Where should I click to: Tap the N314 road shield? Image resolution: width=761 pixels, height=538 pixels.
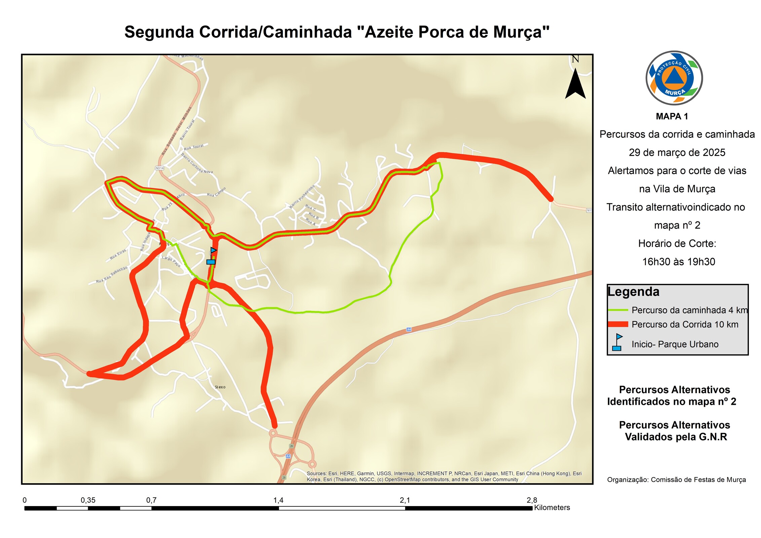point(159,168)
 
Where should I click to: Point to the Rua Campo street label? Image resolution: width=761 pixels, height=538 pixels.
point(216,192)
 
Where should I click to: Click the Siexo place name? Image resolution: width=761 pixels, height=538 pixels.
point(220,387)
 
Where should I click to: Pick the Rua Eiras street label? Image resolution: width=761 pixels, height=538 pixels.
point(118,254)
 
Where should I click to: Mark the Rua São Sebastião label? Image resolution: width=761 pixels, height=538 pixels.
point(112,274)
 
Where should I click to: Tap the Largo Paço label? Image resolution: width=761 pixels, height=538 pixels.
point(171,261)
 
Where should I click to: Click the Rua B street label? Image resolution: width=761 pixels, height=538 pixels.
point(313,215)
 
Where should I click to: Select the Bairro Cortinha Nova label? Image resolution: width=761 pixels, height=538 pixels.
point(197,163)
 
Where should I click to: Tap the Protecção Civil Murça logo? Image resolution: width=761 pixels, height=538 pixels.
point(674,78)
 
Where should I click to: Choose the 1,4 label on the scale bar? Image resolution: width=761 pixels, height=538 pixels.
point(278,500)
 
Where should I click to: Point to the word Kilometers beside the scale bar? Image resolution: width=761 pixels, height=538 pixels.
point(552,507)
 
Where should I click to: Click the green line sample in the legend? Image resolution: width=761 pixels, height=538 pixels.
point(618,310)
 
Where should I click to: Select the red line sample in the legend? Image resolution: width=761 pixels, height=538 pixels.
point(618,324)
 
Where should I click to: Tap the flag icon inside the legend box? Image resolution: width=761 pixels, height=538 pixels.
point(617,342)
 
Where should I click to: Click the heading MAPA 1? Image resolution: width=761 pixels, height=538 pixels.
point(672,116)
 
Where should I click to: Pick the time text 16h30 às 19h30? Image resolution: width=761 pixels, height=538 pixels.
point(678,262)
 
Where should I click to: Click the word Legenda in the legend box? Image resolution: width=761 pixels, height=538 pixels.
point(634,292)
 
